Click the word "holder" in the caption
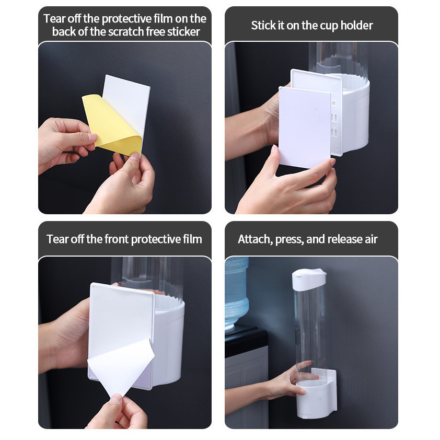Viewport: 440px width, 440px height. click(357, 26)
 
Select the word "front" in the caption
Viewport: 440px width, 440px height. click(117, 239)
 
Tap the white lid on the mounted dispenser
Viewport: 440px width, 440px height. click(309, 279)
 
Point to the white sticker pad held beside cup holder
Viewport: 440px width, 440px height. click(305, 128)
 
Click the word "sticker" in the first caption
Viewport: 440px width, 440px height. click(183, 32)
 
